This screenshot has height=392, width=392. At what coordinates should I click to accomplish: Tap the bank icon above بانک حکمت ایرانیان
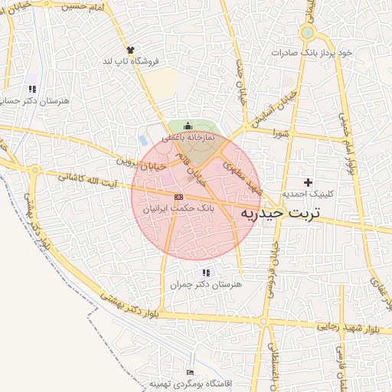click(178, 197)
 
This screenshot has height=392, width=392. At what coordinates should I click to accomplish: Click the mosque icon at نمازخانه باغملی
click(188, 126)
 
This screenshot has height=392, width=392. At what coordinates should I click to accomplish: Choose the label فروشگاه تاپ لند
click(130, 60)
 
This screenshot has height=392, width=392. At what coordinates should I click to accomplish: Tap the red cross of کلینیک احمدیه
click(309, 182)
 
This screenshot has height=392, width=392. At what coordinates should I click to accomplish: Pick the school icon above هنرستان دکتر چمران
click(205, 273)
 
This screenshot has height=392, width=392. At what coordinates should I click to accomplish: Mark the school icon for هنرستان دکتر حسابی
click(32, 89)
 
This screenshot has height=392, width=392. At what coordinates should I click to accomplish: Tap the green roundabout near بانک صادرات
click(308, 33)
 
